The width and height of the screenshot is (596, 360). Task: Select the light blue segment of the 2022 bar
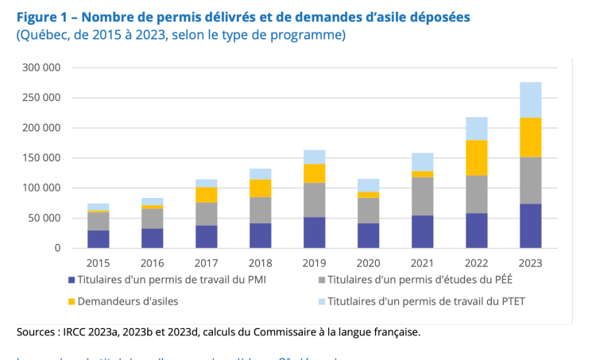pyautogui.click(x=476, y=129)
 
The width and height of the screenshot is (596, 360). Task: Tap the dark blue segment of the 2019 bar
pyautogui.click(x=314, y=232)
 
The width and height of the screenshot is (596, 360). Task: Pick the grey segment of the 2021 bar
pyautogui.click(x=422, y=195)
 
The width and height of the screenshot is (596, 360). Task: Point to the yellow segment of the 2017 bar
pyautogui.click(x=206, y=195)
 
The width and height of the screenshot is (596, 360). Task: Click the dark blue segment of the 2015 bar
pyautogui.click(x=98, y=238)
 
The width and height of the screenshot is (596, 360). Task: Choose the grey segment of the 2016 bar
pyautogui.click(x=152, y=219)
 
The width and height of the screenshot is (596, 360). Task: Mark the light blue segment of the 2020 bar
pyautogui.click(x=368, y=185)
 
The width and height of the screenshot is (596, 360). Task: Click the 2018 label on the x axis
pyautogui.click(x=260, y=262)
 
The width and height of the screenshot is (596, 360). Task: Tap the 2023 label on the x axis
pyautogui.click(x=530, y=262)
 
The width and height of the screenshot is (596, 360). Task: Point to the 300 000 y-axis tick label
pyautogui.click(x=42, y=68)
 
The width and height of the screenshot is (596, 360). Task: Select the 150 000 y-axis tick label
pyautogui.click(x=42, y=158)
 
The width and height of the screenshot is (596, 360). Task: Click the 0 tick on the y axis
pyautogui.click(x=56, y=248)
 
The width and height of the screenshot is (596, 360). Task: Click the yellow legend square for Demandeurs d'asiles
pyautogui.click(x=72, y=302)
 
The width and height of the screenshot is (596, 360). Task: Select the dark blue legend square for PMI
pyautogui.click(x=72, y=281)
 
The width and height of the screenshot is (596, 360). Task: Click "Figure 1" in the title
pyautogui.click(x=41, y=17)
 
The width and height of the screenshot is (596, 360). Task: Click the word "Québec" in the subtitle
pyautogui.click(x=46, y=35)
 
